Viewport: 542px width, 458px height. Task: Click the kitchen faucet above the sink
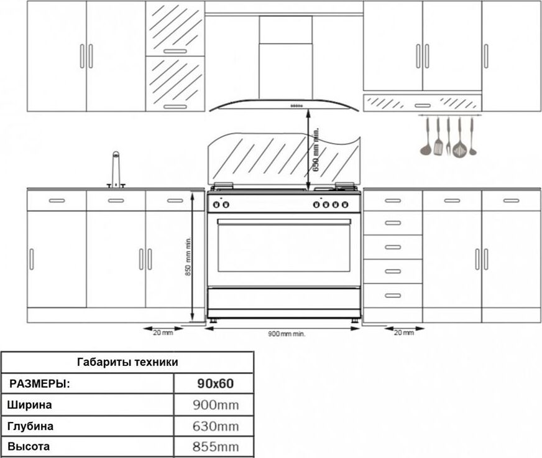pyautogui.click(x=116, y=170)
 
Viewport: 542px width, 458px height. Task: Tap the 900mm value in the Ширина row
pyautogui.click(x=216, y=404)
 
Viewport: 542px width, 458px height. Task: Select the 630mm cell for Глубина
pyautogui.click(x=216, y=426)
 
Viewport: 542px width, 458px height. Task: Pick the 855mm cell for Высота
pyautogui.click(x=216, y=447)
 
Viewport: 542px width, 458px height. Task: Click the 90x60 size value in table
pyautogui.click(x=215, y=383)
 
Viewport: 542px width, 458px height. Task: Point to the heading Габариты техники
pyautogui.click(x=127, y=362)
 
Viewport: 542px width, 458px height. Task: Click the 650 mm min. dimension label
pyautogui.click(x=316, y=150)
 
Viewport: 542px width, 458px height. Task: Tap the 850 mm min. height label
pyautogui.click(x=188, y=256)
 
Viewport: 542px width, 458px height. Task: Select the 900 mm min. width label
pyautogui.click(x=287, y=334)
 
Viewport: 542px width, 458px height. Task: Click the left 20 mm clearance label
pyautogui.click(x=163, y=333)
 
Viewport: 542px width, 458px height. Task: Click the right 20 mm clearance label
pyautogui.click(x=404, y=333)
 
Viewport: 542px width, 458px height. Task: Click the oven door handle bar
pyautogui.click(x=284, y=222)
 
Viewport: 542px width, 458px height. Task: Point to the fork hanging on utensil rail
pyautogui.click(x=448, y=137)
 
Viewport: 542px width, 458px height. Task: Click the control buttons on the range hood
pyautogui.click(x=296, y=106)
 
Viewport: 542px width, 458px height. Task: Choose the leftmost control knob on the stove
pyautogui.click(x=216, y=205)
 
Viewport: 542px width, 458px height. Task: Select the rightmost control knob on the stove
pyautogui.click(x=345, y=205)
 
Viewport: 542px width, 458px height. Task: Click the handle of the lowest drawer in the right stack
pyautogui.click(x=393, y=296)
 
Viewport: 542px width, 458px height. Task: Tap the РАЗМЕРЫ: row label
pyautogui.click(x=39, y=384)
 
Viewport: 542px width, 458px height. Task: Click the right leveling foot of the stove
pyautogui.click(x=355, y=320)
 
